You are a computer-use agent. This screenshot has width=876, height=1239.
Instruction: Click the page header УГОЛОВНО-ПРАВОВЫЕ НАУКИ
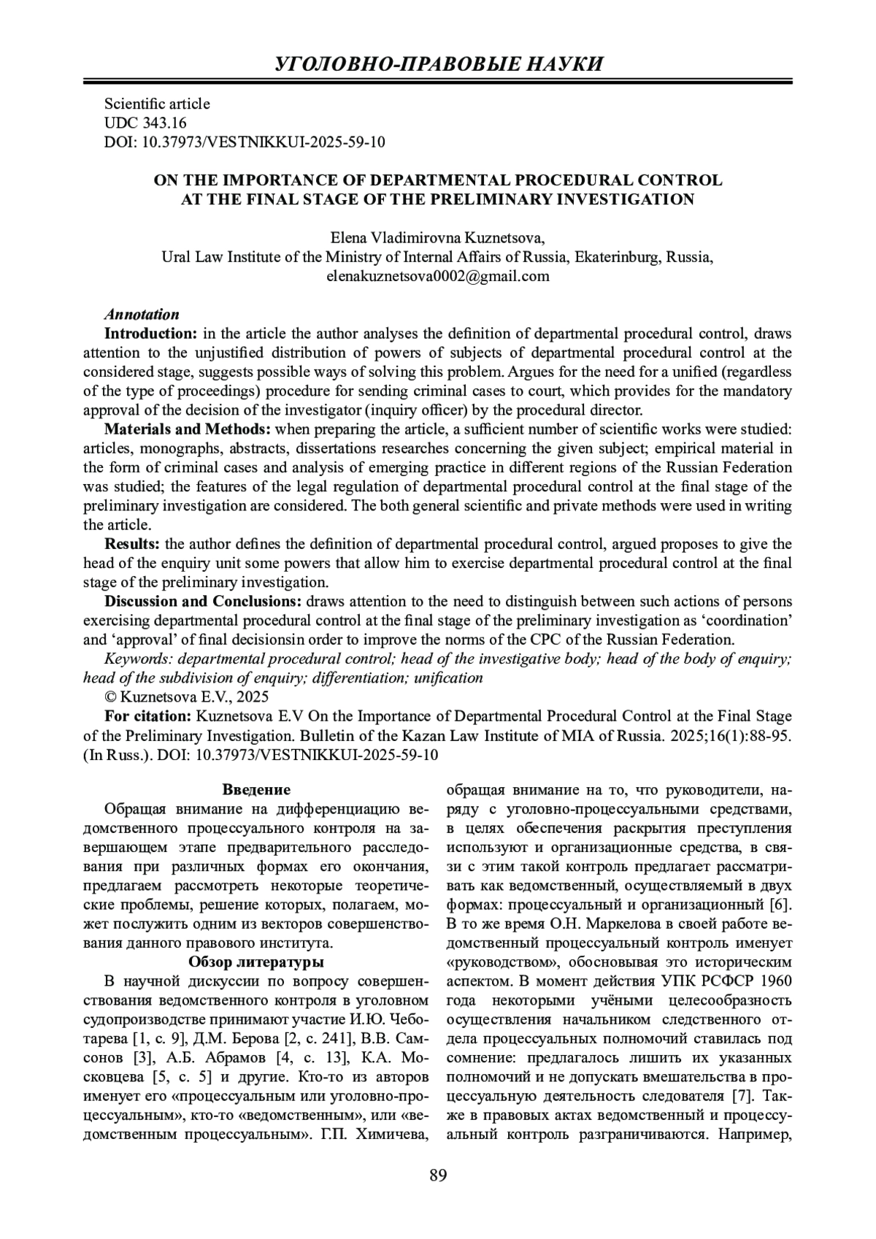(438, 64)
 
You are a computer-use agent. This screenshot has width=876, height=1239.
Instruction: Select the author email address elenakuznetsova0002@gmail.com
(438, 277)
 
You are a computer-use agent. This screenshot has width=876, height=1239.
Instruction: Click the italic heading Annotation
(142, 315)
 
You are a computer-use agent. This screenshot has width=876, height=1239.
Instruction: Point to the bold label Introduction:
(151, 334)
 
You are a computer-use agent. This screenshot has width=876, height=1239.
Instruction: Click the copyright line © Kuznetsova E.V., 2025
(187, 697)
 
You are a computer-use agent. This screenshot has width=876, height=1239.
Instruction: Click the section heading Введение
(256, 790)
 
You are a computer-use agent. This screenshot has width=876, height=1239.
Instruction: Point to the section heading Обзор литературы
(256, 962)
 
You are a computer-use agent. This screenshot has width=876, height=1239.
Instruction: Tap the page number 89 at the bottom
(438, 1175)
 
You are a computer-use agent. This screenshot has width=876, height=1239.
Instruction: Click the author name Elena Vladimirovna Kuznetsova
(438, 238)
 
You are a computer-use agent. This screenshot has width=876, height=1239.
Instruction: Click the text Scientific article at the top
(157, 104)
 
